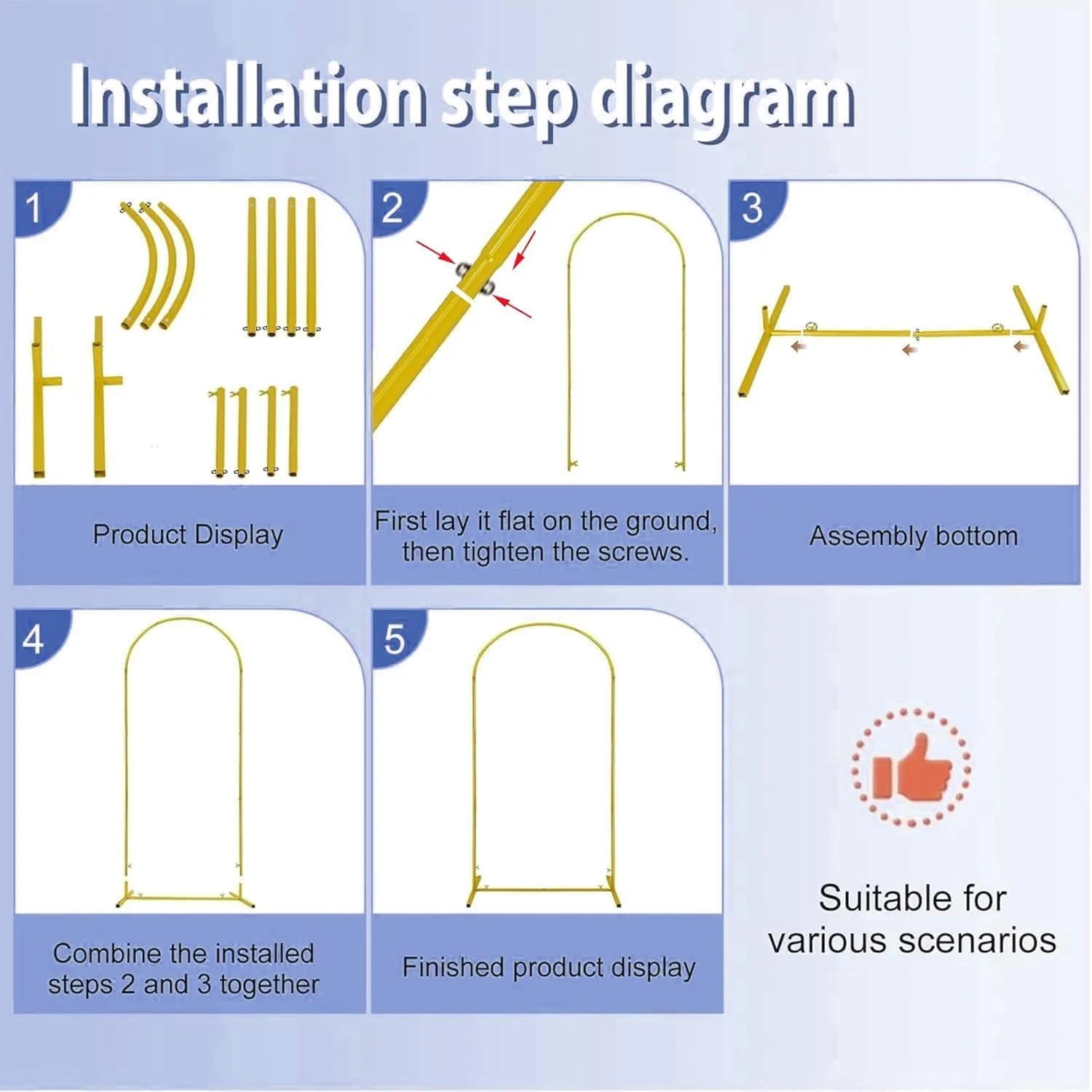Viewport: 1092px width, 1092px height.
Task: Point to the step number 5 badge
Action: click(394, 640)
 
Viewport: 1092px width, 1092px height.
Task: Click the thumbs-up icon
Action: click(911, 767)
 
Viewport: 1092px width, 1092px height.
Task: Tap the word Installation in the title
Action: click(248, 95)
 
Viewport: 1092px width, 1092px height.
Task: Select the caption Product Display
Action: click(188, 534)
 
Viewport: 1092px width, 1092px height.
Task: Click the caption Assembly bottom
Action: click(914, 536)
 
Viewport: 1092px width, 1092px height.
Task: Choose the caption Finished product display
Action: click(549, 968)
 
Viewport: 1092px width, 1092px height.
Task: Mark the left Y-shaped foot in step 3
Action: click(764, 339)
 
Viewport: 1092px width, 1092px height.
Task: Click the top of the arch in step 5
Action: click(544, 625)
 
